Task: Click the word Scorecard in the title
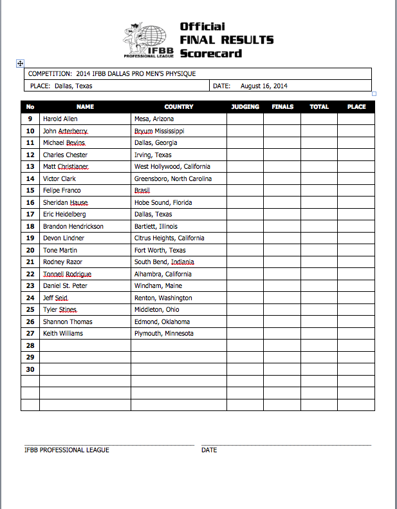click(210, 53)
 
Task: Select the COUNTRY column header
click(178, 107)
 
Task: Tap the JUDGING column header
click(245, 107)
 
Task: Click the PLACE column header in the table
click(356, 107)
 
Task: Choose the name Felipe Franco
click(62, 191)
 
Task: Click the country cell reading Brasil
click(142, 191)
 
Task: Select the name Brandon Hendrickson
click(73, 227)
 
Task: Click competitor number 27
click(30, 334)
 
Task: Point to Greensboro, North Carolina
click(172, 178)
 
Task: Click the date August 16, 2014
click(264, 86)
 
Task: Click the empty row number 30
click(30, 369)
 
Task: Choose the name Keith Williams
click(62, 334)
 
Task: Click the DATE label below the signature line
click(209, 450)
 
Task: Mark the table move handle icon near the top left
click(20, 63)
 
